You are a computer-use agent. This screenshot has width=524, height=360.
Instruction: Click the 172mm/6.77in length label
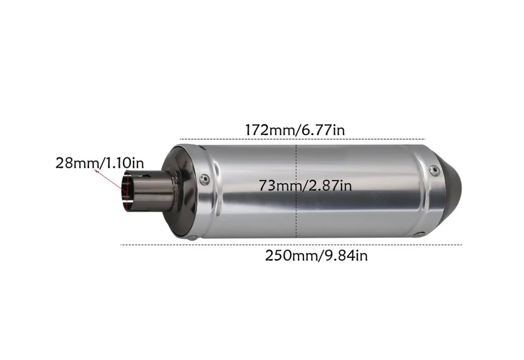[x=294, y=130]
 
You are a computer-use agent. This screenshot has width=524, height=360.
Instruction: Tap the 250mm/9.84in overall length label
[x=316, y=256]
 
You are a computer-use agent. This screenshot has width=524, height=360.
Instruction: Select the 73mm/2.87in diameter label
[x=305, y=185]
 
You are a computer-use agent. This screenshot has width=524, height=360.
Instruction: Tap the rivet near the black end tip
[x=433, y=169]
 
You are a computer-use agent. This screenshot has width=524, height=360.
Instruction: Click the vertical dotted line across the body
[x=296, y=210]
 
